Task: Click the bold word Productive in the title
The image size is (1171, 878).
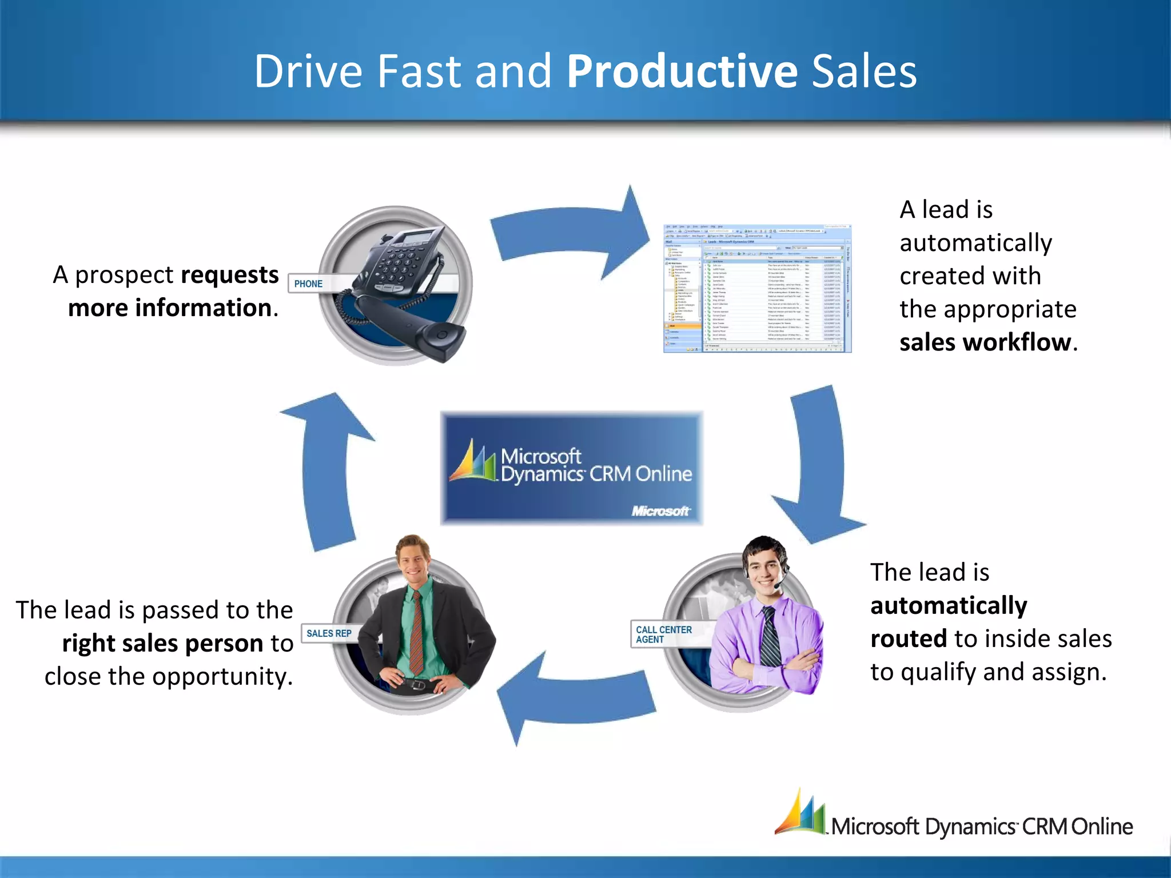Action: [x=682, y=72]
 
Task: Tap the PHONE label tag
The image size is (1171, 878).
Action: [x=308, y=284]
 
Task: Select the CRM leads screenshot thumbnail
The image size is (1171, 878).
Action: [x=757, y=289]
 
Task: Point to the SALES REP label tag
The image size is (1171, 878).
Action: [x=329, y=633]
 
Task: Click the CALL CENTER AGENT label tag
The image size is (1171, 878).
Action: [x=663, y=634]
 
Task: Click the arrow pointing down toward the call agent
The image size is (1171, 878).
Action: [x=818, y=463]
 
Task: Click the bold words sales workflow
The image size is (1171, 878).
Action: [x=985, y=342]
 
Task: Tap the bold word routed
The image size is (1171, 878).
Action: [x=908, y=638]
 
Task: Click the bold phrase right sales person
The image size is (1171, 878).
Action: [x=162, y=644]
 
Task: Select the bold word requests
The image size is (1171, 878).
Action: [x=230, y=275]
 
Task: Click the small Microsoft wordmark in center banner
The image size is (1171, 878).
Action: [x=660, y=510]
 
